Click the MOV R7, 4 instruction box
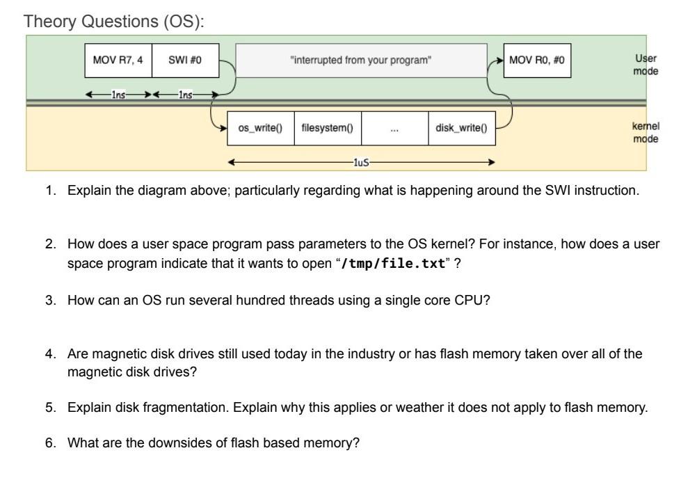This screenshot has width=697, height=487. (x=118, y=61)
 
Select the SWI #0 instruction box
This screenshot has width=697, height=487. (x=185, y=61)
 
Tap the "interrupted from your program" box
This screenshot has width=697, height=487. (x=361, y=61)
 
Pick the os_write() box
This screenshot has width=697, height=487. (x=261, y=128)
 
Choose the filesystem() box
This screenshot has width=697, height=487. (x=327, y=128)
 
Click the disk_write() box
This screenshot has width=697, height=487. (x=461, y=128)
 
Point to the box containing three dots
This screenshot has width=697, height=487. (x=394, y=128)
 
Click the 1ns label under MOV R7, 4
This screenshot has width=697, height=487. (x=118, y=95)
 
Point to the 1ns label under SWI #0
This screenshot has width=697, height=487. (x=185, y=95)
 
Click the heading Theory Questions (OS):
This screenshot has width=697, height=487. (x=115, y=22)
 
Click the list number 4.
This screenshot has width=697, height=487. (x=51, y=354)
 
